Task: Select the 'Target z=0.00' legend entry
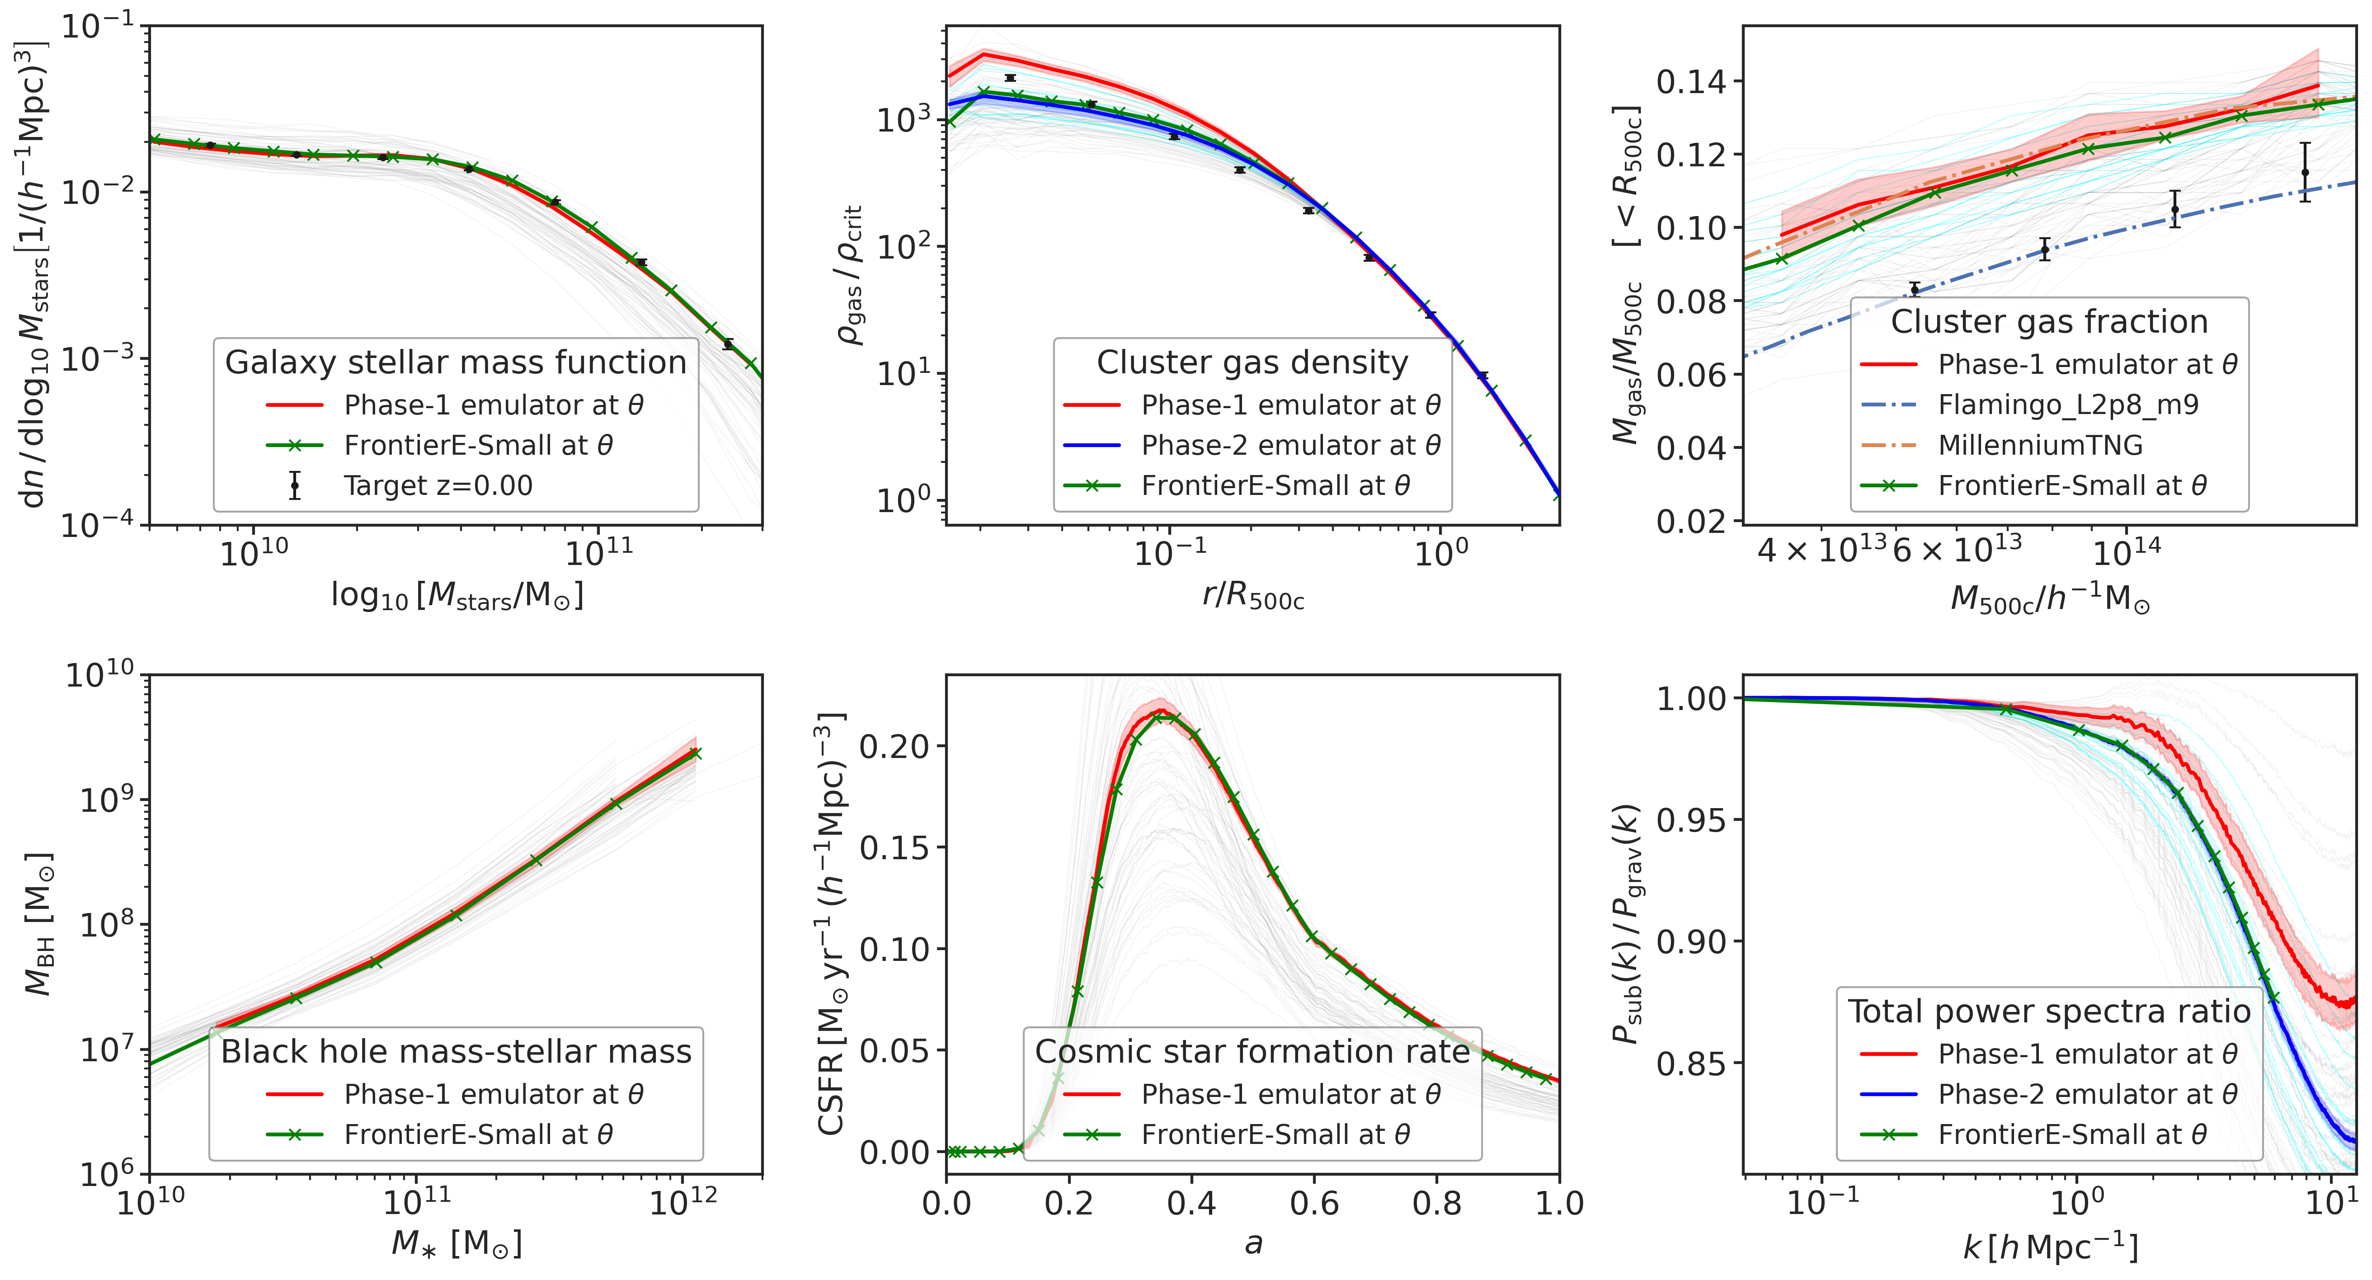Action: tap(438, 485)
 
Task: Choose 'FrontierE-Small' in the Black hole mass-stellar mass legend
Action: tap(477, 1134)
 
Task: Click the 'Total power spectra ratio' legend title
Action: tap(2049, 1011)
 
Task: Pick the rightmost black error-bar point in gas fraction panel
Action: tap(2305, 172)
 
